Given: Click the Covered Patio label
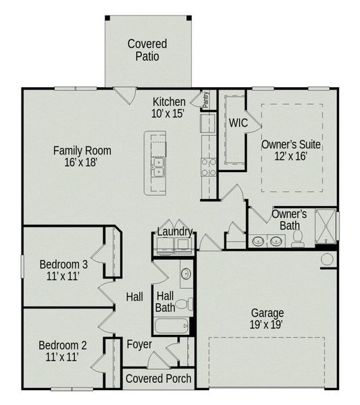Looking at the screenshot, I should (x=147, y=50).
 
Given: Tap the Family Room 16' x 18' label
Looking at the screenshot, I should (x=82, y=157).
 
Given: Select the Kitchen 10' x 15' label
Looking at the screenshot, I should (x=169, y=108).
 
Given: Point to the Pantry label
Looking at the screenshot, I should (x=205, y=99).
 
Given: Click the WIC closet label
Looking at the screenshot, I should (x=238, y=124).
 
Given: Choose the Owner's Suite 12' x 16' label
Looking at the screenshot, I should (x=291, y=151).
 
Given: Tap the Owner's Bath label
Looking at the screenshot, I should (x=289, y=219).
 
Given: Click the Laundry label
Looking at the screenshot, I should (x=175, y=232).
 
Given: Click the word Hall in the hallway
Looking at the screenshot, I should (x=134, y=296).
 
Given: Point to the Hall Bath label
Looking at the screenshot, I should (x=165, y=301).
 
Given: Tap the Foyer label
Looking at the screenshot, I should (x=139, y=344).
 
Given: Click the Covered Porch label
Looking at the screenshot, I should (x=159, y=379).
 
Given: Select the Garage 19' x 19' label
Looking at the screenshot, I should (x=267, y=319).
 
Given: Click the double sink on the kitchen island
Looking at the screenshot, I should (x=157, y=167).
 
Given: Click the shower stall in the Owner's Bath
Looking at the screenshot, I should (x=327, y=226).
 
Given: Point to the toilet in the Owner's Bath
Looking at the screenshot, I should (x=297, y=238).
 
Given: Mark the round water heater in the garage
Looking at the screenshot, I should (x=327, y=259).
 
